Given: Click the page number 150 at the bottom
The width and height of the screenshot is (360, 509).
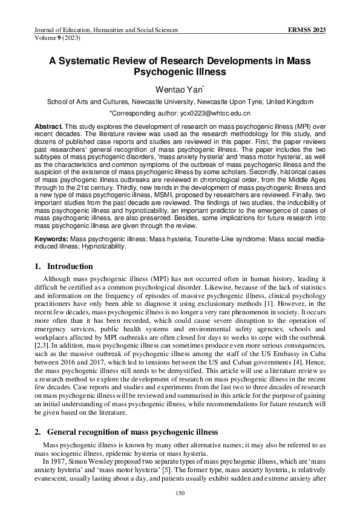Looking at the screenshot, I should (180, 493).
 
